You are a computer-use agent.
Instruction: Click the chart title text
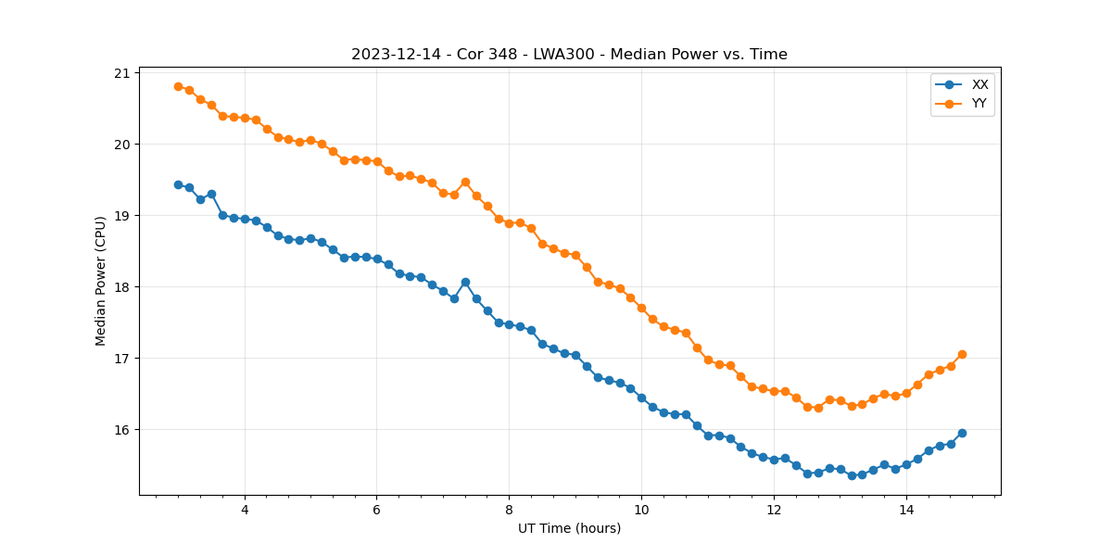point(569,55)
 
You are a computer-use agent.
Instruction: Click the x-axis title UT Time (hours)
point(569,528)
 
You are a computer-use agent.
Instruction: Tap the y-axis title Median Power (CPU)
point(100,281)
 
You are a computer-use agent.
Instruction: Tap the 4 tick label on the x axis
point(245,510)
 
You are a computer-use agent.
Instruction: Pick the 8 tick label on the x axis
point(509,510)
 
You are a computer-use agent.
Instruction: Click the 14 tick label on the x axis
point(906,510)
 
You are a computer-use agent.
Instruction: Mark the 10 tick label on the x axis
point(641,510)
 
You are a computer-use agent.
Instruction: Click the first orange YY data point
point(178,86)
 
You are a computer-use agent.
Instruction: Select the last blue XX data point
point(962,433)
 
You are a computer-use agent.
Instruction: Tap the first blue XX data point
point(178,184)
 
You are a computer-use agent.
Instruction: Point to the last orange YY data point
point(962,354)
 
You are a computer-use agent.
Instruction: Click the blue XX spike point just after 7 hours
point(465,282)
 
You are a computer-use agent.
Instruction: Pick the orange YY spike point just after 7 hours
point(465,182)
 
